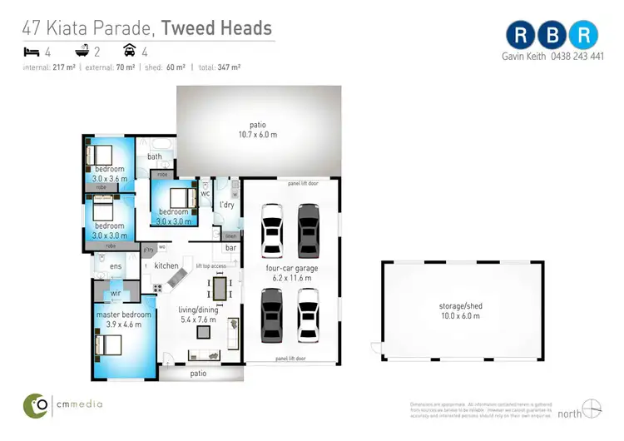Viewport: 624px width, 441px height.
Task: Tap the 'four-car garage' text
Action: coord(290,269)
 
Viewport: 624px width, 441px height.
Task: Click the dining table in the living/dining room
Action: coord(220,289)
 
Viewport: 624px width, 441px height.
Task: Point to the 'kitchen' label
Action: coord(166,265)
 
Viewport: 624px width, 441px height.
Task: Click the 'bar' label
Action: coord(230,248)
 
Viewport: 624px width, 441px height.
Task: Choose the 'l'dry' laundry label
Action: coord(225,204)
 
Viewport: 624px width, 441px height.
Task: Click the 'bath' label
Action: coord(155,156)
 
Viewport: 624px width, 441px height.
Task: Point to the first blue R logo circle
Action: coord(521,36)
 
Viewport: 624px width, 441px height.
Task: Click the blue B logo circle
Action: coord(553,36)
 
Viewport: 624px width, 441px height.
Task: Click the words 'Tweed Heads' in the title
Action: coord(216,27)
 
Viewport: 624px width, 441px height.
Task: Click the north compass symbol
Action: coord(592,409)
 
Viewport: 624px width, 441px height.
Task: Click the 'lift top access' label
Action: coord(210,265)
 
